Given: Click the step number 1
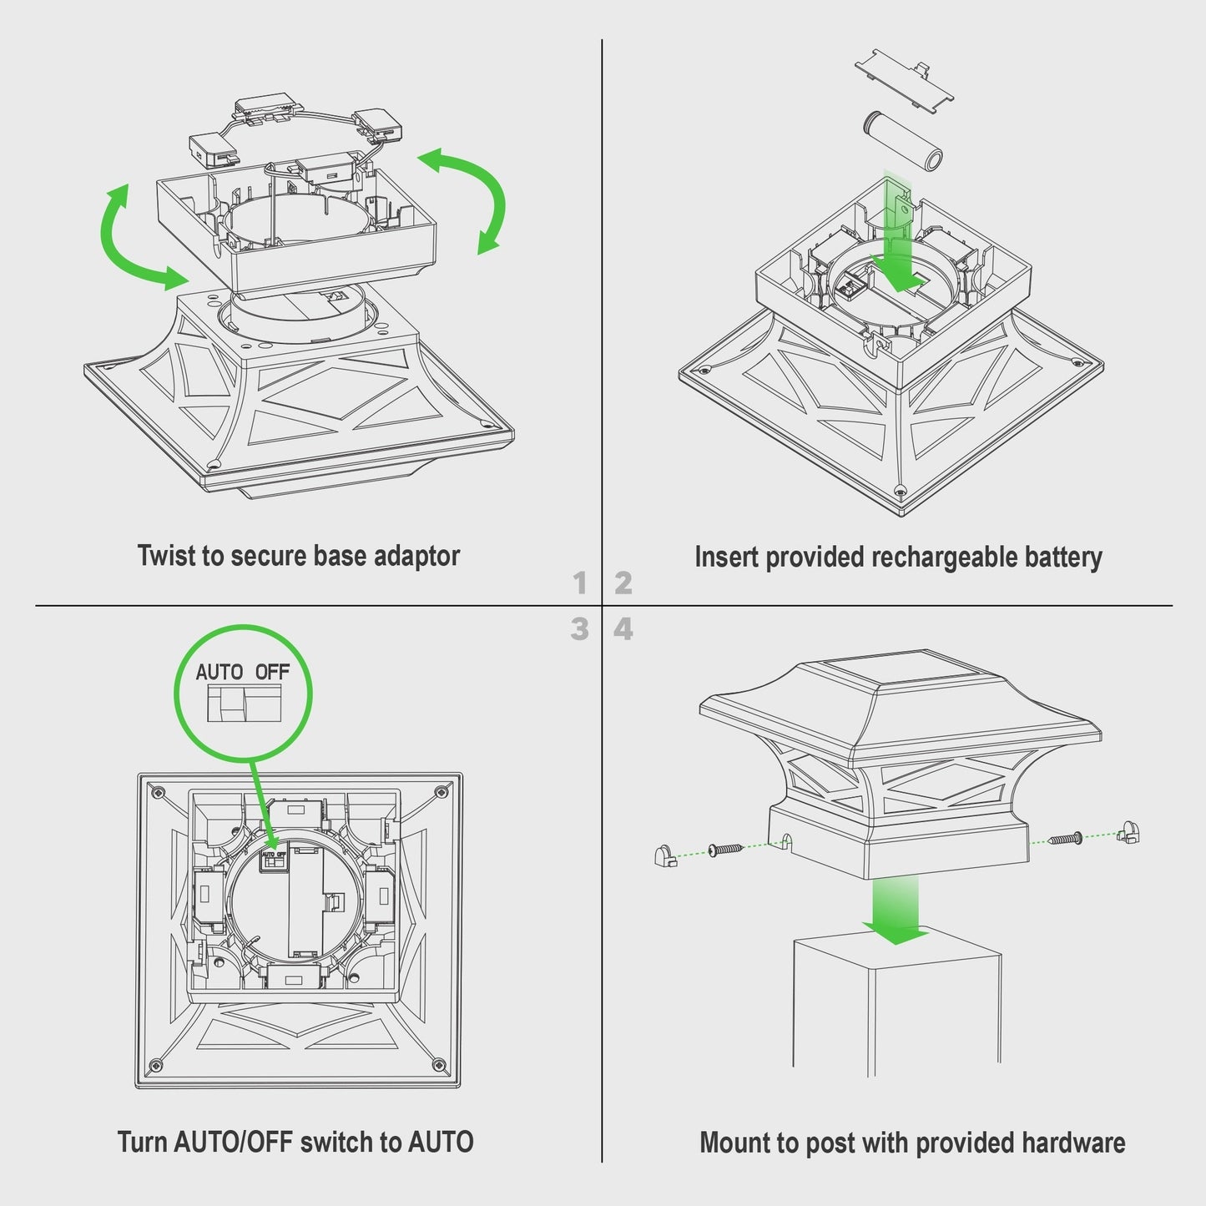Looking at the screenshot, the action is (x=579, y=583).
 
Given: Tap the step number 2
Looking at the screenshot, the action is (x=623, y=583).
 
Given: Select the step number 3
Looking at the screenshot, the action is (x=579, y=629).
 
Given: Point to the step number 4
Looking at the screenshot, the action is (x=623, y=629).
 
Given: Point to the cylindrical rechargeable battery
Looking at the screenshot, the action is (x=904, y=140).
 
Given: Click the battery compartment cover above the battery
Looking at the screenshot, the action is (x=905, y=82).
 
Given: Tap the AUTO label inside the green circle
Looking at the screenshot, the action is (x=219, y=672).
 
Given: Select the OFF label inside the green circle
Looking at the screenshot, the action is (x=272, y=672).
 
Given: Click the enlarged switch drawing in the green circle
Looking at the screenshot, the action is (x=244, y=704).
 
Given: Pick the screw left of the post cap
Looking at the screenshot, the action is (x=725, y=850).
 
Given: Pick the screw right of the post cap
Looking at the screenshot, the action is (x=1066, y=838).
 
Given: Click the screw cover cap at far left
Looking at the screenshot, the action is (x=665, y=855).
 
